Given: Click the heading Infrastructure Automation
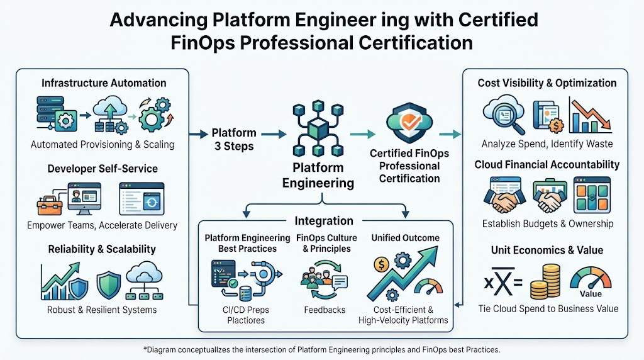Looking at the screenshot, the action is [104, 83].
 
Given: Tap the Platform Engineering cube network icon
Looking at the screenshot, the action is [318, 129].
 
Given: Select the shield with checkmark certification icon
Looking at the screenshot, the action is [409, 122].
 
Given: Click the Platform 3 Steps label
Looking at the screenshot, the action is [234, 140].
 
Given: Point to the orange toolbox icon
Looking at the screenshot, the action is [49, 205].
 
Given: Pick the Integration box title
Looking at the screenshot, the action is [324, 221].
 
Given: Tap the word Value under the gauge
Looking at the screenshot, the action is [591, 294].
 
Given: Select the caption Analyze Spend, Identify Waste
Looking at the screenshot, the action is [547, 144].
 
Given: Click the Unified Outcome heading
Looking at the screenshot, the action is [406, 238].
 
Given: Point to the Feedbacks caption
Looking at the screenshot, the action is [325, 310].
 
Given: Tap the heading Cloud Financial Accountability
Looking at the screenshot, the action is [547, 165].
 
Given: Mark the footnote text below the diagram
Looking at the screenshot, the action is [321, 350].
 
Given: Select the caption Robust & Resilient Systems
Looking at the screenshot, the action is [102, 310].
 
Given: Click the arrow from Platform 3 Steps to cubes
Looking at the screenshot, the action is [274, 134].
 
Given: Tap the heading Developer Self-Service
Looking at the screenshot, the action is [103, 169].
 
